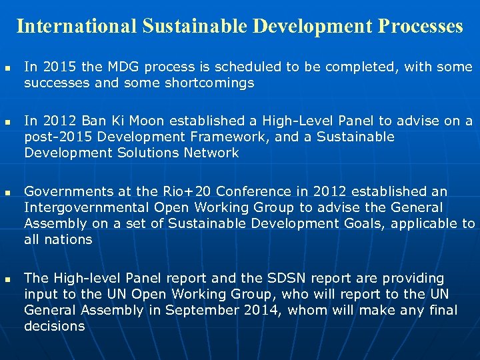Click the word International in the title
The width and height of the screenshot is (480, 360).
(x=77, y=26)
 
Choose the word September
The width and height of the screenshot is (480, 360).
(x=200, y=310)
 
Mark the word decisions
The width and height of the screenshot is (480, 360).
(x=55, y=326)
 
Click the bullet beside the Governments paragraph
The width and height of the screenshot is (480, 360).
(x=7, y=192)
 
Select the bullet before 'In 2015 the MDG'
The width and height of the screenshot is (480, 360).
(x=7, y=68)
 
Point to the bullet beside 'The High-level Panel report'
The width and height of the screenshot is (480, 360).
(x=7, y=279)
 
